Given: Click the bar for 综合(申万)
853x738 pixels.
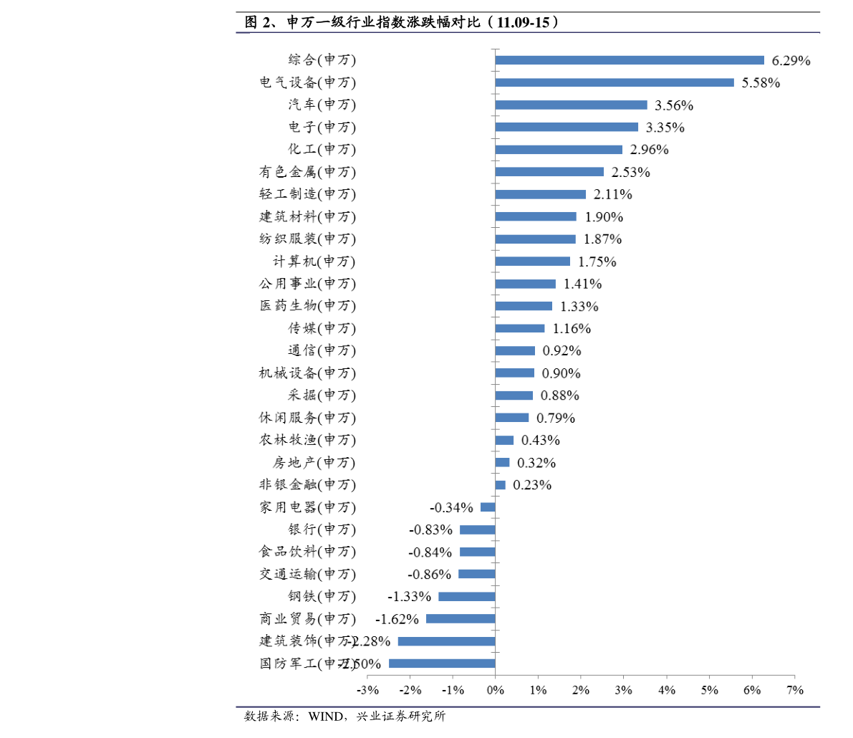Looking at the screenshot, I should pos(630,60).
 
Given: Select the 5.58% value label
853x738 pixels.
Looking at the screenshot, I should pos(761,83).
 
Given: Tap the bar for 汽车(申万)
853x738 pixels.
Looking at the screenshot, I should pos(571,105).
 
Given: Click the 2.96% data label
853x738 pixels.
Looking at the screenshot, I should pos(649,150).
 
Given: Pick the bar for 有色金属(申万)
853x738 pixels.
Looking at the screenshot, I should pos(549,172).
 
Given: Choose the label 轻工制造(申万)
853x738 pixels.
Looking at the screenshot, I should pos(307,194).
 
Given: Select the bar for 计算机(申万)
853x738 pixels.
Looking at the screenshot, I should pos(532,262).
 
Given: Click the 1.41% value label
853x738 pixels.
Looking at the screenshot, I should pos(582,284).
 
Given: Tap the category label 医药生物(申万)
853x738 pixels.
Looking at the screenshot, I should pos(307,306).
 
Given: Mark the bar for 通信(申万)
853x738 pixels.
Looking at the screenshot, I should pos(515,351).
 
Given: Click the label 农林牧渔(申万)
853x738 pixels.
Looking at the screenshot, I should pos(307,440).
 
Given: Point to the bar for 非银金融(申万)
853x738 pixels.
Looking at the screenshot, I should pos(500,485).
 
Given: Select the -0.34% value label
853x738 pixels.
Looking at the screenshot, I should pos(451,508).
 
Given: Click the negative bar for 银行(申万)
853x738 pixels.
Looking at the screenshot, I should pos(477,530).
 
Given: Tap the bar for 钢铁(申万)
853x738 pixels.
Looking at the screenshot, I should pos(467,597).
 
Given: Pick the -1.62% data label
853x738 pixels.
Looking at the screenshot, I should pos(397,619).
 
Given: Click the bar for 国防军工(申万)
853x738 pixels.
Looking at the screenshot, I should pos(442,663).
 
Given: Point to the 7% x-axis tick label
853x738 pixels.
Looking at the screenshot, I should pos(794,690).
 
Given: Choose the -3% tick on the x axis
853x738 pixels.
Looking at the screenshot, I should pos(367,690).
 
